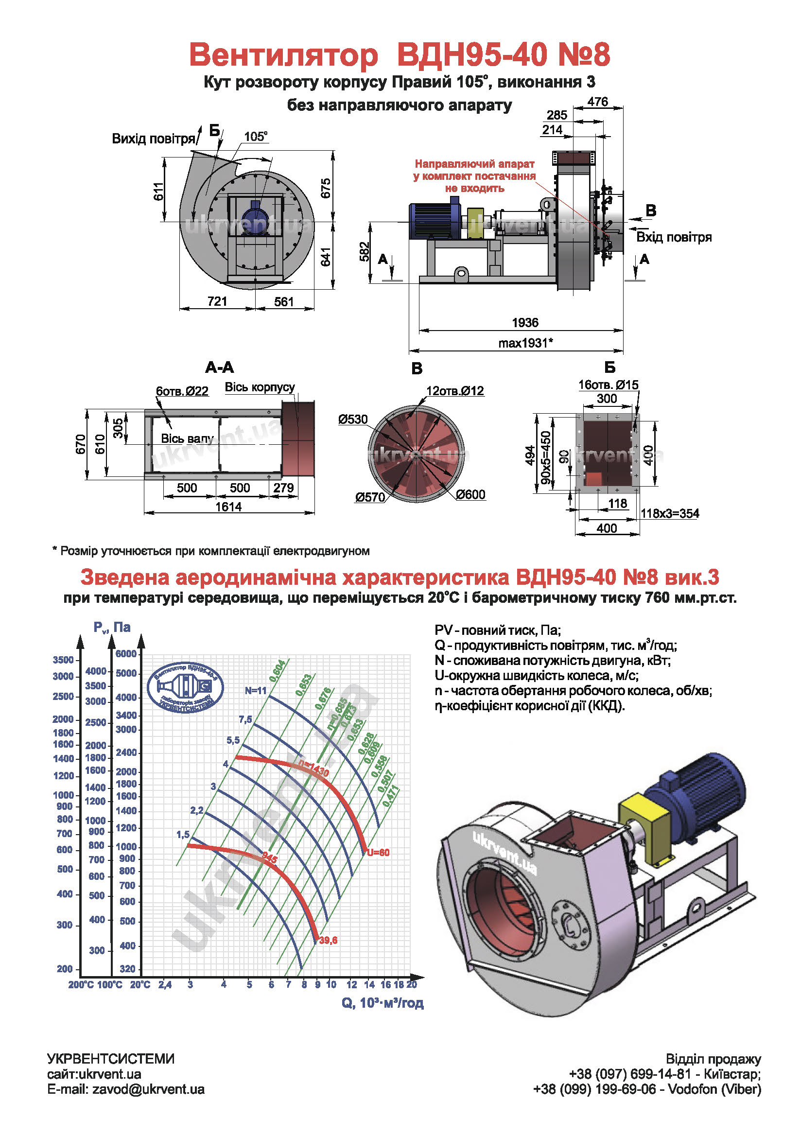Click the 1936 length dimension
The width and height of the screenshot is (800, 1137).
(x=525, y=322)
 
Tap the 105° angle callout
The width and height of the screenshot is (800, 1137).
(x=256, y=136)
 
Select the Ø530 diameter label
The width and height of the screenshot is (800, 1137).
(x=353, y=420)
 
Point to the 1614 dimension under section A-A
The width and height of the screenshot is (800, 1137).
(x=228, y=507)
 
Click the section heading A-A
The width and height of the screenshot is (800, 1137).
(x=219, y=367)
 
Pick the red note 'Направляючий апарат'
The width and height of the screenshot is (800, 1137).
(x=474, y=164)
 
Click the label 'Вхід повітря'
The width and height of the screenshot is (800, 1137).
(x=674, y=237)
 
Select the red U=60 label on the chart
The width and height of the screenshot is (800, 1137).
(x=378, y=852)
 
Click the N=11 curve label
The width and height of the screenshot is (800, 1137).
(x=256, y=690)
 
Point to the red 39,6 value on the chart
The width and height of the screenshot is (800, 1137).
(x=328, y=940)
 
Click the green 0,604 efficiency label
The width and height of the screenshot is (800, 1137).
(x=278, y=670)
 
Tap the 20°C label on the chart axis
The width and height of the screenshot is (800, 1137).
(x=140, y=984)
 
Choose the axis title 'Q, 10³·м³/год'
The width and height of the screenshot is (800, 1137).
(x=382, y=1003)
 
